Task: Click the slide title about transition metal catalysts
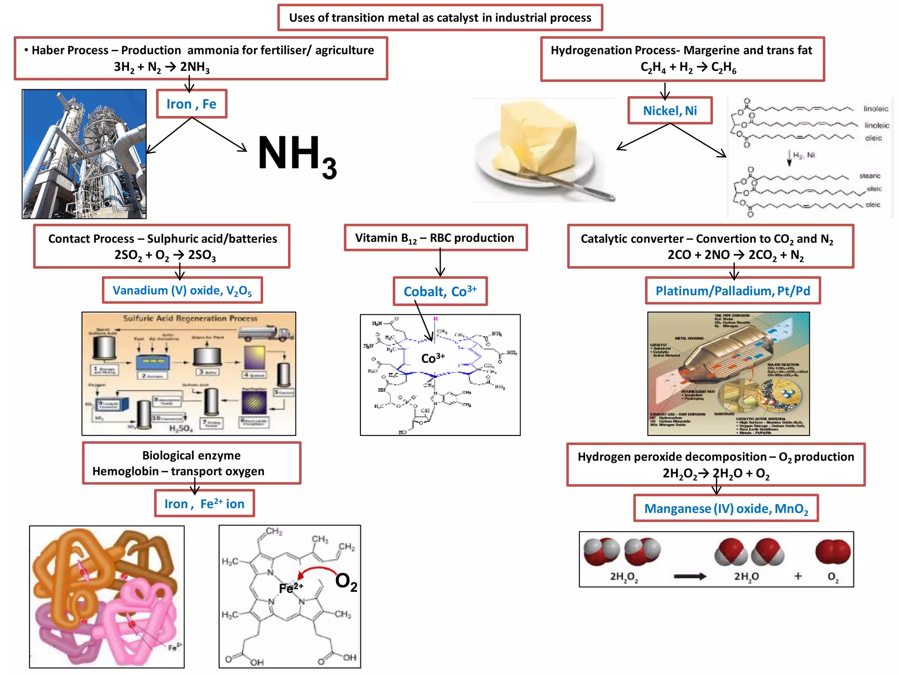pos(440,18)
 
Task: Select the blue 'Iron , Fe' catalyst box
pos(191,104)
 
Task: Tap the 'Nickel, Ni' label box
pos(670,111)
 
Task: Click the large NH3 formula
pos(297,156)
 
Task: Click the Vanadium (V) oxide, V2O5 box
pos(182,290)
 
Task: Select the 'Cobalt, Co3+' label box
pos(440,291)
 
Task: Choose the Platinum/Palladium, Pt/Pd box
pos(733,291)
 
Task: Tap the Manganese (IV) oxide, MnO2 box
pos(726,508)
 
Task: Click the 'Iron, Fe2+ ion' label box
pos(205,504)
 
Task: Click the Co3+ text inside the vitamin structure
pos(433,358)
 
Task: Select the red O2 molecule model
pos(833,552)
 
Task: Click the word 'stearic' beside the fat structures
pos(870,176)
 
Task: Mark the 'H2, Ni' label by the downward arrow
pos(804,155)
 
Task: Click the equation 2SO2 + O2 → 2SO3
pos(165,255)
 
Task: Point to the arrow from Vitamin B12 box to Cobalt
pos(440,263)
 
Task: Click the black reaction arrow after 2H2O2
pos(690,577)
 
